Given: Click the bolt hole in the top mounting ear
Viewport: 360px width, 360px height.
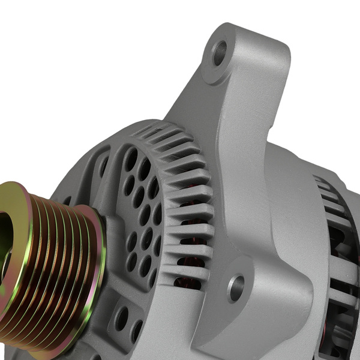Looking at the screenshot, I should (x=220, y=52).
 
